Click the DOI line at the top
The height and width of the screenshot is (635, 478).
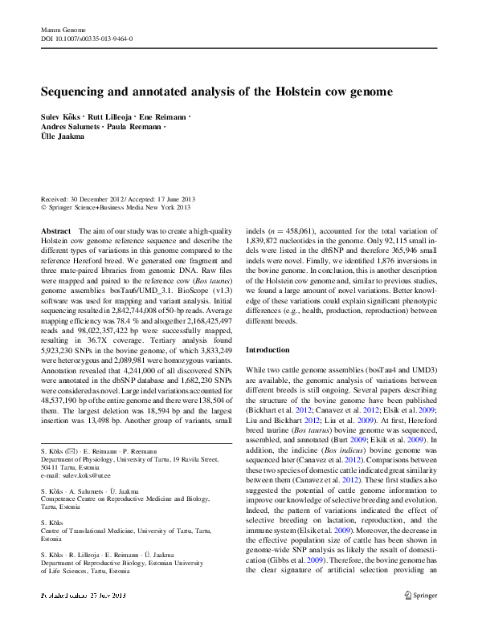(x=87, y=38)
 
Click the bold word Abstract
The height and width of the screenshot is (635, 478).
(x=55, y=230)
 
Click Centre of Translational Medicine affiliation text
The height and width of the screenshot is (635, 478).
(x=107, y=531)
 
